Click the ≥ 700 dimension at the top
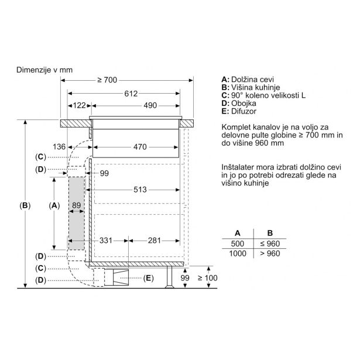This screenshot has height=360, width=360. [x=107, y=80]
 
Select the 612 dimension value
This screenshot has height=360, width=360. [x=131, y=94]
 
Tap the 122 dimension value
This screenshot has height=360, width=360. [x=79, y=105]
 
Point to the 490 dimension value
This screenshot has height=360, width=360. [x=150, y=105]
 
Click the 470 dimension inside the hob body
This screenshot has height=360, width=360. [x=140, y=147]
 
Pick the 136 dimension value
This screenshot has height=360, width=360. [x=59, y=147]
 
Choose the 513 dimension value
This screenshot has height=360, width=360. [x=140, y=190]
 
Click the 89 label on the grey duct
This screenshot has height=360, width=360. [x=77, y=205]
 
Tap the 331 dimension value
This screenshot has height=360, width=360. [x=106, y=241]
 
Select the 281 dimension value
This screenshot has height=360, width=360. [x=154, y=241]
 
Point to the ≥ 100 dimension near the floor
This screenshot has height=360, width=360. [x=208, y=278]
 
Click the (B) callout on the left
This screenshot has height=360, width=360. [x=25, y=205]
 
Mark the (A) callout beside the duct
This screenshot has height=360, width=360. [x=54, y=205]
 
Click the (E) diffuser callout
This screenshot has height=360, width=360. [x=148, y=278]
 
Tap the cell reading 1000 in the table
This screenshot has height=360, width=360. [x=238, y=253]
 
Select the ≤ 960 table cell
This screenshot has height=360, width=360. [x=270, y=244]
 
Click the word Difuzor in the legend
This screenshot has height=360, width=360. [x=244, y=111]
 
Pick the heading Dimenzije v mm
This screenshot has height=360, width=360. [x=44, y=70]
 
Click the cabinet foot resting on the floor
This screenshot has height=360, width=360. [x=169, y=277]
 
